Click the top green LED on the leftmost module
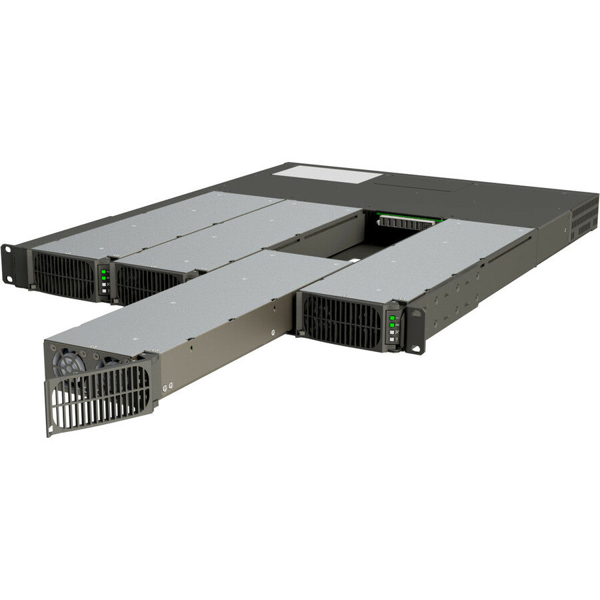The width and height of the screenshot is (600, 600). point(103,270)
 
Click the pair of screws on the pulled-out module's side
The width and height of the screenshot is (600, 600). point(167,386)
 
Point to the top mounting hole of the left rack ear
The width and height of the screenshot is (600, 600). point(8,251)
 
